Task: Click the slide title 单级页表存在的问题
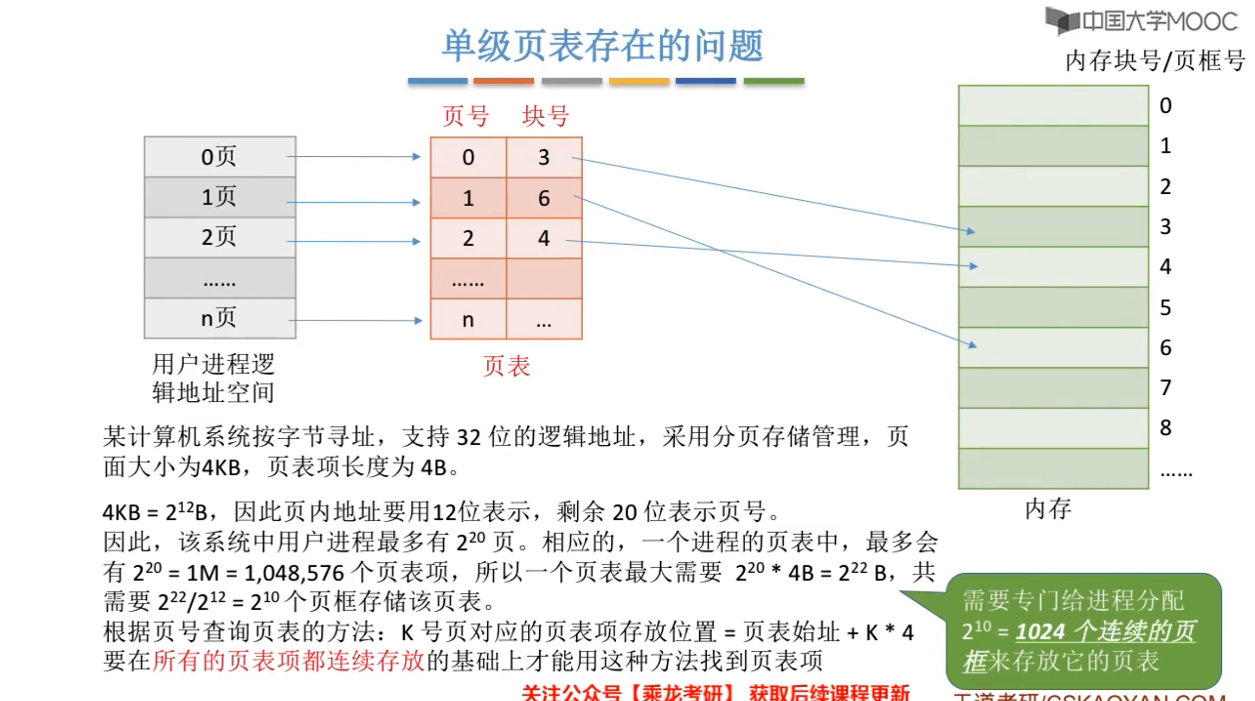(602, 45)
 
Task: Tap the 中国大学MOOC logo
(1142, 21)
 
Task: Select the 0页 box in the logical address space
(220, 157)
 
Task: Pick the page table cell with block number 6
(544, 199)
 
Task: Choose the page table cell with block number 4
(544, 239)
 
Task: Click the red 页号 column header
(465, 116)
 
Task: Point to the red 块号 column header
(546, 116)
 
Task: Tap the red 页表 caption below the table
(506, 367)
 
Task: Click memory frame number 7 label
(1166, 388)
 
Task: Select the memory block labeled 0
(1053, 106)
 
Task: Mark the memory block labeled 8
(1053, 429)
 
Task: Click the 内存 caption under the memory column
(1048, 508)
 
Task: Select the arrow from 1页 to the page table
(353, 202)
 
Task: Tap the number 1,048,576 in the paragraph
(294, 573)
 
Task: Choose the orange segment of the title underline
(503, 81)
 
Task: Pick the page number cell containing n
(468, 320)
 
